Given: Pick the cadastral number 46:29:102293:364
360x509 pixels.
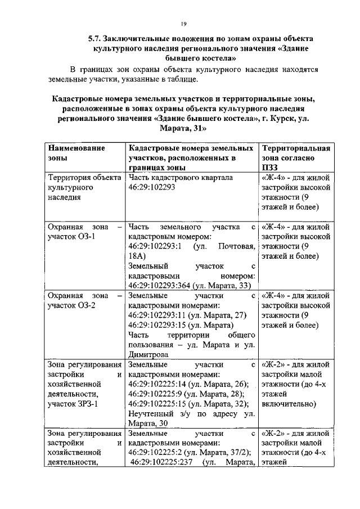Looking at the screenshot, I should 159,286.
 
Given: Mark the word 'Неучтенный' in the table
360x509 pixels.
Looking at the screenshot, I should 150,414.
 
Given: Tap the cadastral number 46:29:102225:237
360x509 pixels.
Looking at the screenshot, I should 163,463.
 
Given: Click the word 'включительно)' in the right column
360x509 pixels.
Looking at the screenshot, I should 289,404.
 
